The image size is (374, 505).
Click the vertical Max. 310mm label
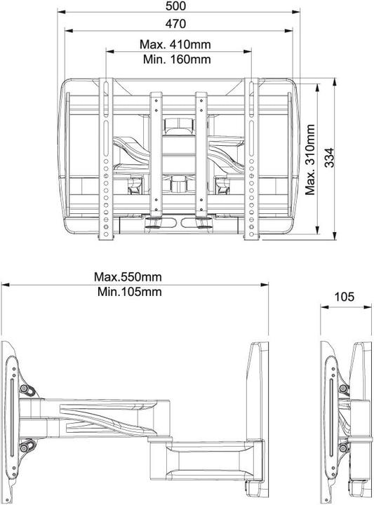(310, 158)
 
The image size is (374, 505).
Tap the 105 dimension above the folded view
(344, 297)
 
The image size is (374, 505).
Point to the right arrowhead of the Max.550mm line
(266, 285)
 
